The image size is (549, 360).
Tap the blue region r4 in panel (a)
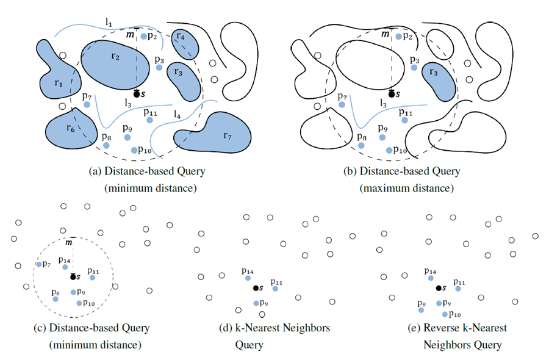185,41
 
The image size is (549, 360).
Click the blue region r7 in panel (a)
213,133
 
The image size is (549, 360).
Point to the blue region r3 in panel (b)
440,78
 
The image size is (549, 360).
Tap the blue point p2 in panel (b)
398,37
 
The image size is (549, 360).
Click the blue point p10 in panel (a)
134,149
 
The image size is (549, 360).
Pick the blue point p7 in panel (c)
38,264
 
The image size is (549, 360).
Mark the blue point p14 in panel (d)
248,279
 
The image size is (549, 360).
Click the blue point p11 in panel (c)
93,278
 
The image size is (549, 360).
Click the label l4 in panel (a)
177,114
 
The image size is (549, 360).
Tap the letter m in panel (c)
70,243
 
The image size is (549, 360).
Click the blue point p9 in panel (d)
256,303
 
